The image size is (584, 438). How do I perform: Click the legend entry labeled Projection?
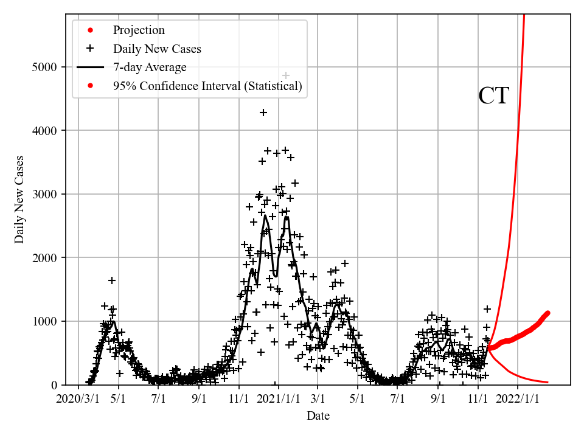(138, 30)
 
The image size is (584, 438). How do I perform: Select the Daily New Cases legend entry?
(157, 49)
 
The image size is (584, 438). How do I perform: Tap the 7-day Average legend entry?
(150, 68)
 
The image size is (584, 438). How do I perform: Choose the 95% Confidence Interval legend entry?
(207, 86)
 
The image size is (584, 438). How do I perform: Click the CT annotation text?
(493, 96)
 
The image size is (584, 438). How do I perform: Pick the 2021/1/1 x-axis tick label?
(277, 400)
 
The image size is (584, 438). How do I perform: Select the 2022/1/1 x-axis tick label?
(518, 400)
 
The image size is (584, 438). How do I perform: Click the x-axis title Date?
(318, 416)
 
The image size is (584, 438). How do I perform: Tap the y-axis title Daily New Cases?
(20, 200)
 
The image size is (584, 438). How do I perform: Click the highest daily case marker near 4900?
(286, 75)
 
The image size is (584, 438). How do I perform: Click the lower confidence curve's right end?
(547, 382)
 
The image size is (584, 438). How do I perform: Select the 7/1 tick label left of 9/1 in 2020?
(159, 400)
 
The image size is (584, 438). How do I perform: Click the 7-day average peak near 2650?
(266, 216)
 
